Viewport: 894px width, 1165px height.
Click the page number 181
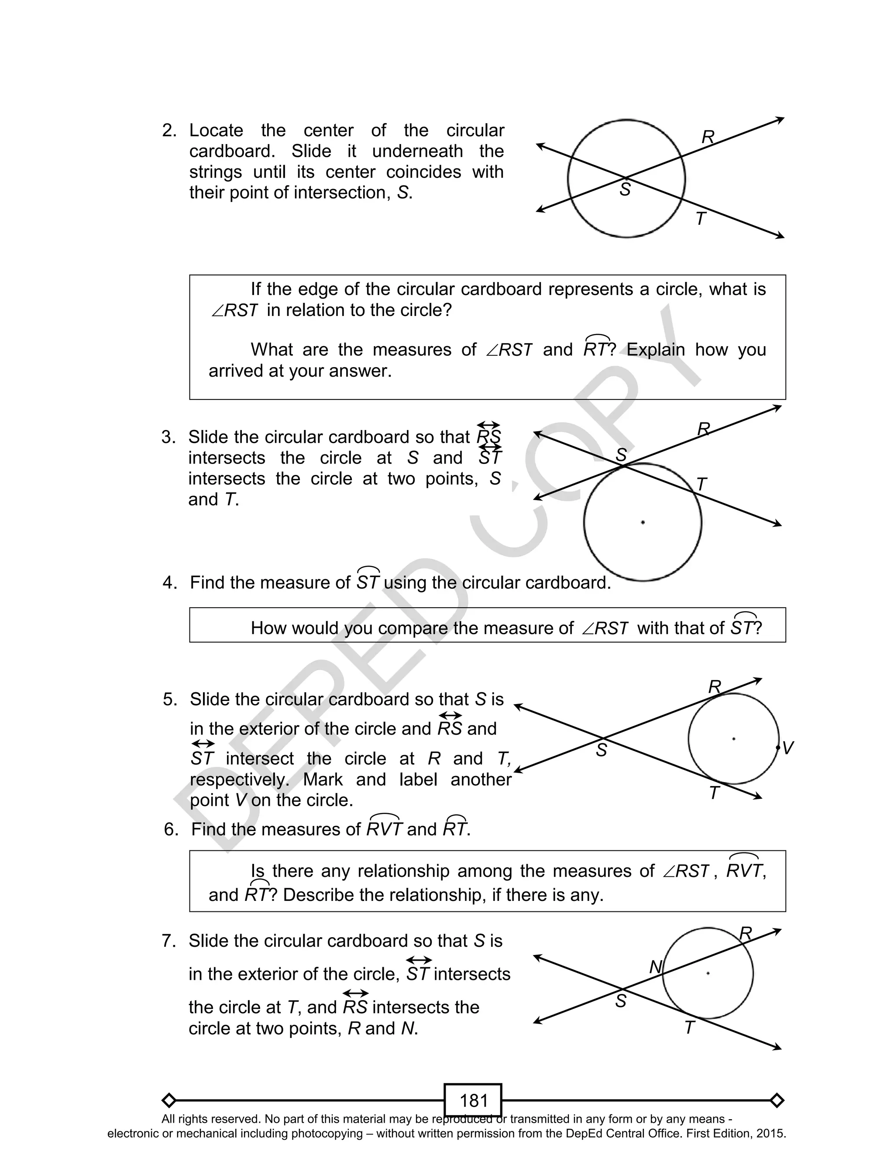473,1100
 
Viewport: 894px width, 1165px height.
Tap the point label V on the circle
788,748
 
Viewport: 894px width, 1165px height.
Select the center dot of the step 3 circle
643,522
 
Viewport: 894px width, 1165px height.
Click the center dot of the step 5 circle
734,739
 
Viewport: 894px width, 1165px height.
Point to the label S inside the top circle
625,189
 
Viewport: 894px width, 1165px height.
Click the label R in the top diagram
708,137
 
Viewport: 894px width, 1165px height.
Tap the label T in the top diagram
700,219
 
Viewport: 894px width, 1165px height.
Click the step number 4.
169,582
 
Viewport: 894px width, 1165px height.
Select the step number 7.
168,941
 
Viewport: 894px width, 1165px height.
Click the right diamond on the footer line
777,1100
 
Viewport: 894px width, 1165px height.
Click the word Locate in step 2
216,131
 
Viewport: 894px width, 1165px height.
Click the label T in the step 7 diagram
690,1027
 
